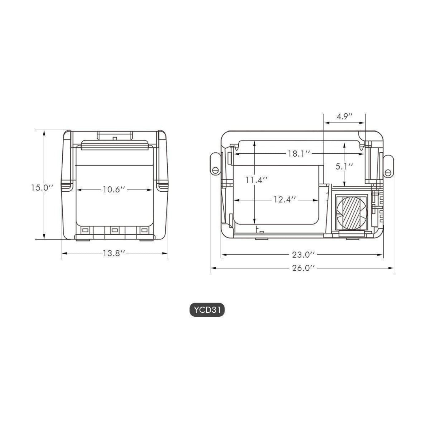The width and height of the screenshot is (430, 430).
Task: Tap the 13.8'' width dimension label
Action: tap(114, 253)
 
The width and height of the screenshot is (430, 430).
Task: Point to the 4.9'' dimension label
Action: tap(344, 117)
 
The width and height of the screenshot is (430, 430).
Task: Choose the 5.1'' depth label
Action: tap(344, 167)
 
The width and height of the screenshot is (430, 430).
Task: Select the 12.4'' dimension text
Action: tap(285, 200)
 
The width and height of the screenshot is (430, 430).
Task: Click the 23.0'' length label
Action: tap(303, 255)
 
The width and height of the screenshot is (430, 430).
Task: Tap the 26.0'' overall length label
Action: tap(303, 268)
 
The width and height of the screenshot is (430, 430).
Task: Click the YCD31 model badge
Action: tap(207, 310)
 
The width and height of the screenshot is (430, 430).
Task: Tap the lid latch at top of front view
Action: tap(115, 136)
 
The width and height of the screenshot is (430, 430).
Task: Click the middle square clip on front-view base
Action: tap(115, 230)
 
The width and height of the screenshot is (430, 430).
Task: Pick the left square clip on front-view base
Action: tap(85, 230)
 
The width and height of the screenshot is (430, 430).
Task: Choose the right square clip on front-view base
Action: tap(144, 230)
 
